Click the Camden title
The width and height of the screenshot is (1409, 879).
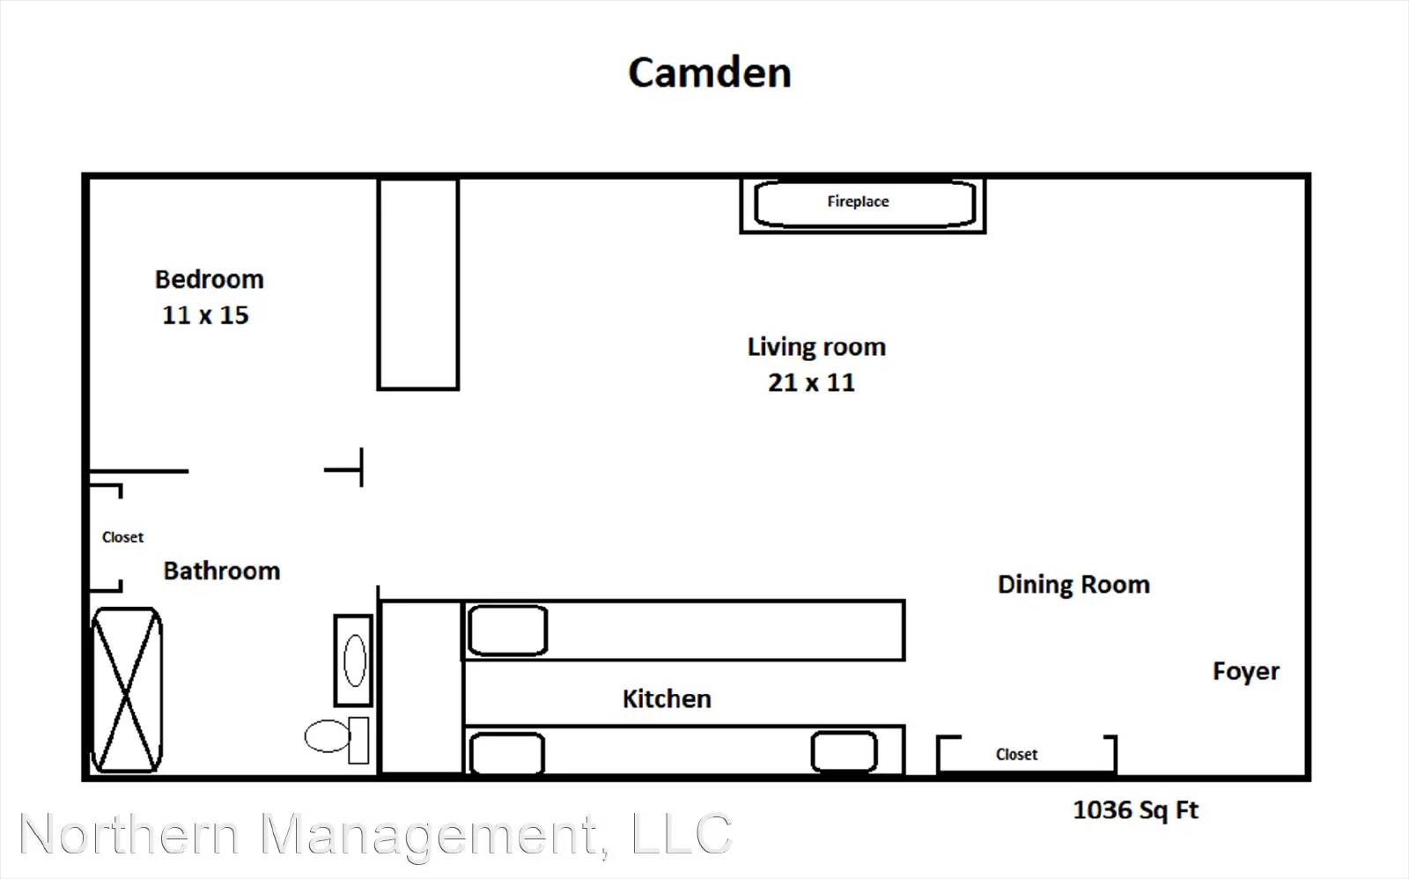(x=710, y=72)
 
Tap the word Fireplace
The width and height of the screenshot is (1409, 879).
(x=858, y=202)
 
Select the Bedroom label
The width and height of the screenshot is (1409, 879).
(x=210, y=279)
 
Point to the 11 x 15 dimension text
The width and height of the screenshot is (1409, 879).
(x=206, y=314)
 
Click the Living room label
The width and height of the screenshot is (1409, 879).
(x=816, y=347)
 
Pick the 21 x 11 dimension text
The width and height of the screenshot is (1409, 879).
(x=811, y=382)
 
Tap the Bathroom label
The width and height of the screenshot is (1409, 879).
(x=222, y=571)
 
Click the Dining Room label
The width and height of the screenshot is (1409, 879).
(x=1073, y=585)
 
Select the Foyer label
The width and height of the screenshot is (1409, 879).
(x=1246, y=671)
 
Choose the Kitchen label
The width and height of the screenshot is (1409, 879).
(x=667, y=699)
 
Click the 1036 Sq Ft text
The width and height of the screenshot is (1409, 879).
(x=1135, y=809)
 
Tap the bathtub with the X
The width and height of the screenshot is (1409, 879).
(x=127, y=690)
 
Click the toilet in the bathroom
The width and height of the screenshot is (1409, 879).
(x=336, y=739)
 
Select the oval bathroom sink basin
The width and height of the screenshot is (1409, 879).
(x=355, y=661)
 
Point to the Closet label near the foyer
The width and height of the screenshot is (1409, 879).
(x=1016, y=755)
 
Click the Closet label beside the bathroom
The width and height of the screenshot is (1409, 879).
(x=122, y=537)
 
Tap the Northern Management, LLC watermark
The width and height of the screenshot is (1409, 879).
(x=376, y=835)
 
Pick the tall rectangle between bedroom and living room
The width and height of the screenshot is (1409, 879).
(x=418, y=284)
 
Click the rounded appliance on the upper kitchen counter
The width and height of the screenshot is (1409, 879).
(x=507, y=631)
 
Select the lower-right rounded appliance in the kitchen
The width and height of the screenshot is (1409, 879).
(x=845, y=751)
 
